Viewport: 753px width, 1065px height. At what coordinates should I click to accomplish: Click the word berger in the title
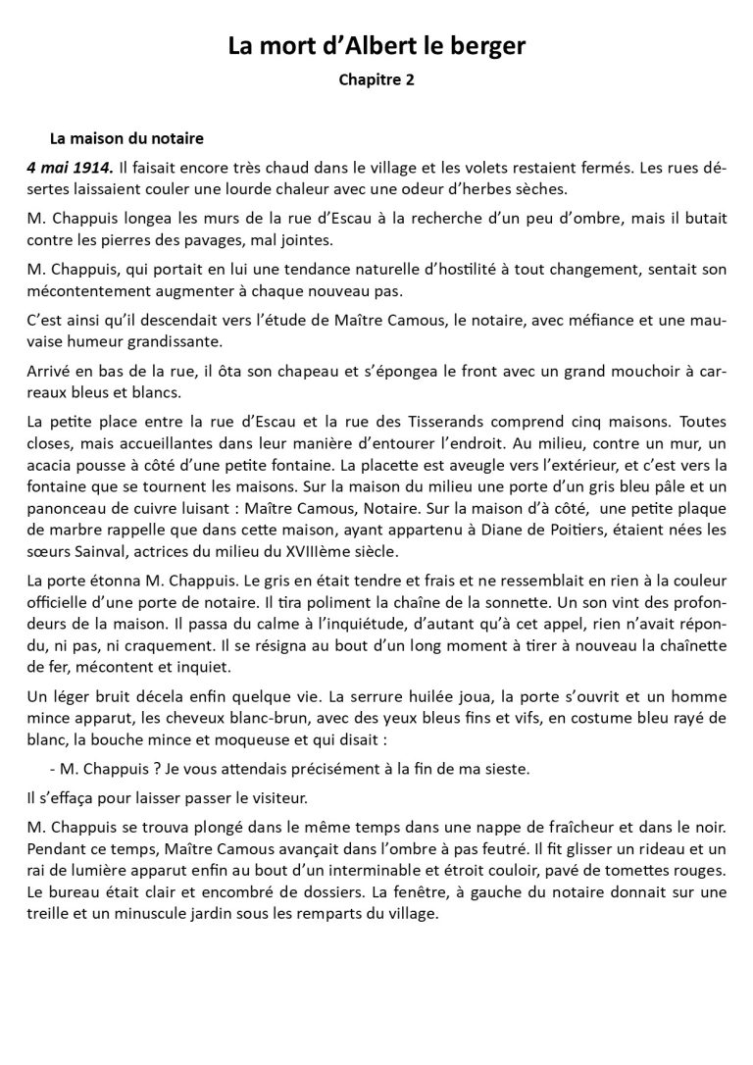(x=489, y=46)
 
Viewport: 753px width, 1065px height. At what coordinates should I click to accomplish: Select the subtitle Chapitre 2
(x=376, y=80)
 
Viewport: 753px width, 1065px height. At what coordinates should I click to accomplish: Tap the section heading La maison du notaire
(x=126, y=138)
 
